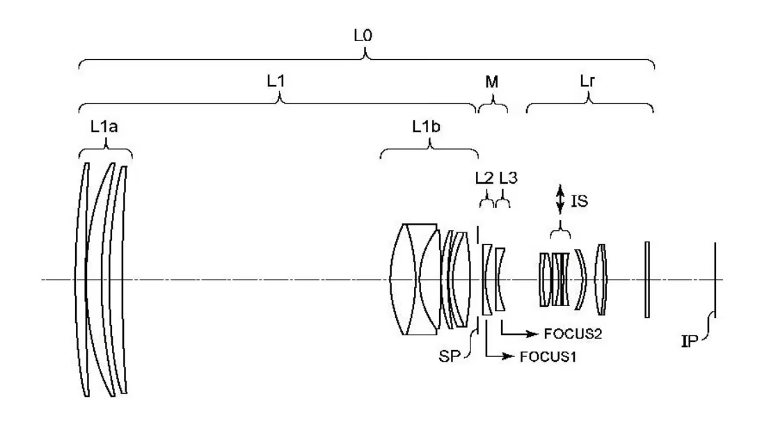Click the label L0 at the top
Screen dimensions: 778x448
point(363,35)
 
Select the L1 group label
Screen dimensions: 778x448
point(276,81)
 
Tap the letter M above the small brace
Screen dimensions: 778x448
point(492,82)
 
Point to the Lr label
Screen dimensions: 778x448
point(587,81)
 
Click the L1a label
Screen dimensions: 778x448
point(104,127)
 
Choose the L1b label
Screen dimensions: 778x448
point(426,127)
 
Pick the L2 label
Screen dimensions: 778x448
point(484,177)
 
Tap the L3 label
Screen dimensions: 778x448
point(508,177)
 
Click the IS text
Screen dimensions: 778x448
point(580,201)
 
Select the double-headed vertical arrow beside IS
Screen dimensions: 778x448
point(560,200)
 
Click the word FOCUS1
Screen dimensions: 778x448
point(548,357)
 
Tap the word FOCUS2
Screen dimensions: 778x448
point(573,334)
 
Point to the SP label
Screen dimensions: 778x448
point(449,356)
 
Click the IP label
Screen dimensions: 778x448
point(690,342)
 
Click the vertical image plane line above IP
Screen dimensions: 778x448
point(715,280)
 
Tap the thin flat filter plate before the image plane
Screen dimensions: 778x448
point(647,280)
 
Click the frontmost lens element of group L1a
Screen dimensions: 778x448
point(81,280)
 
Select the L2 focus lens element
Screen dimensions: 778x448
point(486,280)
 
